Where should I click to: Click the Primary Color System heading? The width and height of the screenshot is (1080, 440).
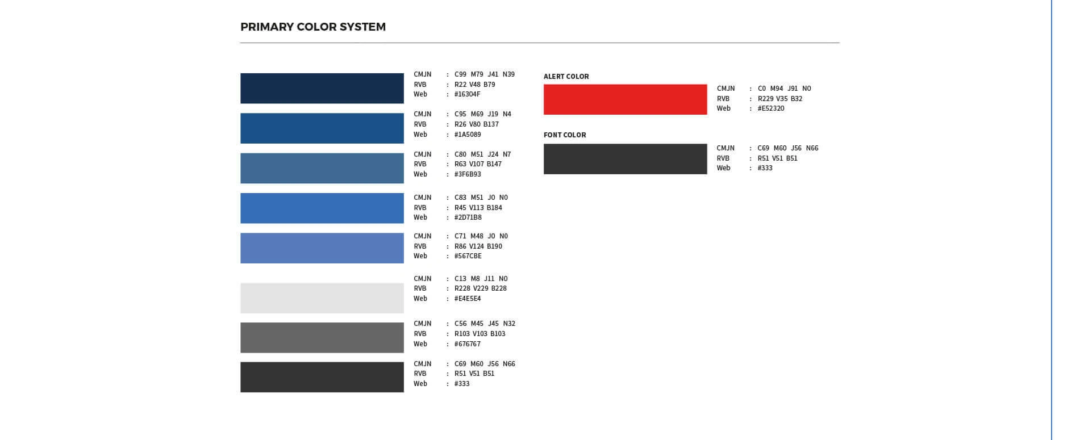click(x=313, y=27)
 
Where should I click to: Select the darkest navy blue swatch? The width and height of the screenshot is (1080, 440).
click(x=322, y=89)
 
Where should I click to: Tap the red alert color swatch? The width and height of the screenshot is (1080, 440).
click(x=626, y=99)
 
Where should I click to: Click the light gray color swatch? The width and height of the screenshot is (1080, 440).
click(x=322, y=298)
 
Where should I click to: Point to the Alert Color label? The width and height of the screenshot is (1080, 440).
click(x=566, y=76)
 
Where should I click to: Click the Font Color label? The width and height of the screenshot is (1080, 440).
click(x=565, y=135)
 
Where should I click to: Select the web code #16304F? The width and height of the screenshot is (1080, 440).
click(x=468, y=94)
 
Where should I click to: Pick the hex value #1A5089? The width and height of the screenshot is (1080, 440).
click(x=468, y=135)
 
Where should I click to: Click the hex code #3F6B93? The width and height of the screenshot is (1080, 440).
click(x=468, y=174)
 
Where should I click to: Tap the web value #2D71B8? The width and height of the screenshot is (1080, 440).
click(x=468, y=217)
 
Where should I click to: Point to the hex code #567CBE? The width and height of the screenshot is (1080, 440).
click(x=468, y=256)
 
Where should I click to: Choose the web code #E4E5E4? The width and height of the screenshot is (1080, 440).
click(x=468, y=299)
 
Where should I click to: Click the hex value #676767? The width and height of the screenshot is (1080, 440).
click(x=468, y=344)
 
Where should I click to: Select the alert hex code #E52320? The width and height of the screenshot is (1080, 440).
click(x=771, y=108)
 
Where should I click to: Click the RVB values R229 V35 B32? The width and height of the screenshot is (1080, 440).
click(x=780, y=99)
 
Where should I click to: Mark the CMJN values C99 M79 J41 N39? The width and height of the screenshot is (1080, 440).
click(x=485, y=74)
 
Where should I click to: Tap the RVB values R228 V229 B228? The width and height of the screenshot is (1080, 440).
click(x=481, y=288)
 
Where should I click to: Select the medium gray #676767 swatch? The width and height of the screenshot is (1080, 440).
click(x=322, y=338)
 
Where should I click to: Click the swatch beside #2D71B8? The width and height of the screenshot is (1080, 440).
click(x=322, y=208)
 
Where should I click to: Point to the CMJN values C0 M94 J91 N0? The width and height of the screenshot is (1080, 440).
click(x=785, y=89)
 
